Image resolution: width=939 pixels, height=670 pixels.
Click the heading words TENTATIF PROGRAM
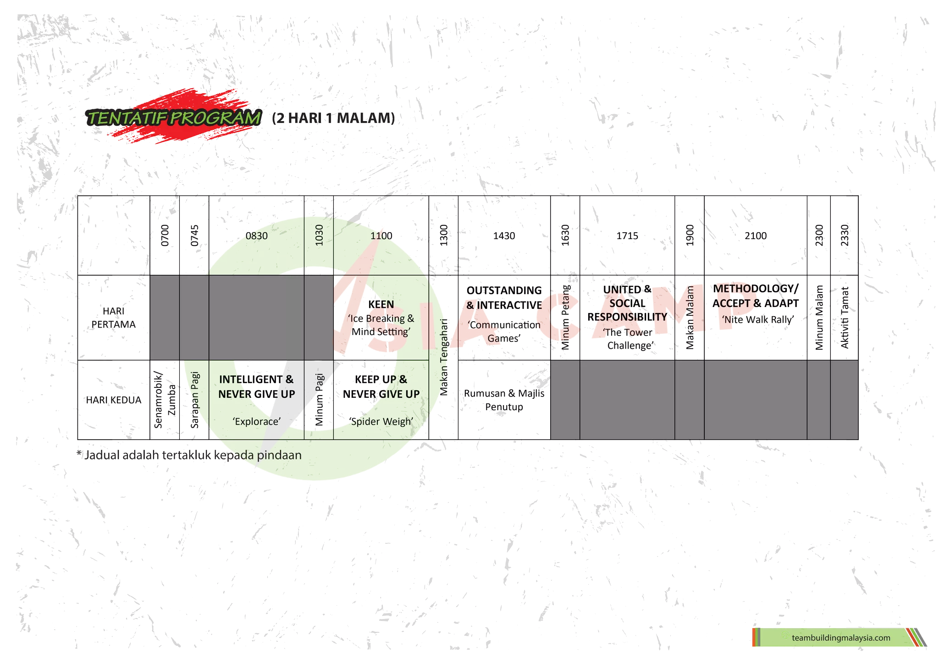click(x=174, y=118)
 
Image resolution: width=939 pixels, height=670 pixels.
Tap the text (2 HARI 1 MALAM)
click(x=333, y=118)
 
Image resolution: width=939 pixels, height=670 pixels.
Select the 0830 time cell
click(x=256, y=236)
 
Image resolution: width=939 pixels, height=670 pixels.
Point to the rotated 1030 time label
click(x=319, y=235)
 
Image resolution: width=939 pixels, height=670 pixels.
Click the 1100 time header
click(x=381, y=236)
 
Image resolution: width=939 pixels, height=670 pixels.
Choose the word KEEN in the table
click(x=381, y=304)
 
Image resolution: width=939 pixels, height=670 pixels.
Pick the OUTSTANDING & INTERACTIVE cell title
click(x=504, y=298)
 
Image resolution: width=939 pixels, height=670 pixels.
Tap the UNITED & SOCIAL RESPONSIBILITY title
click(x=627, y=303)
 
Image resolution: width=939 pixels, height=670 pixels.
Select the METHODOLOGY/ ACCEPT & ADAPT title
click(x=755, y=296)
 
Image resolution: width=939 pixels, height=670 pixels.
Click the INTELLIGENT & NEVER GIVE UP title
click(x=256, y=386)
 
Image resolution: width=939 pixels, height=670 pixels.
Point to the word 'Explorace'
click(x=256, y=421)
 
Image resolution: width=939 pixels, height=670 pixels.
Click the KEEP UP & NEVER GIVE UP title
click(x=381, y=386)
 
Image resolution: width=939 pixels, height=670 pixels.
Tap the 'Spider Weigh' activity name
click(x=381, y=421)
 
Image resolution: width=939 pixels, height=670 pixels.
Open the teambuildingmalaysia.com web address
click(x=840, y=638)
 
